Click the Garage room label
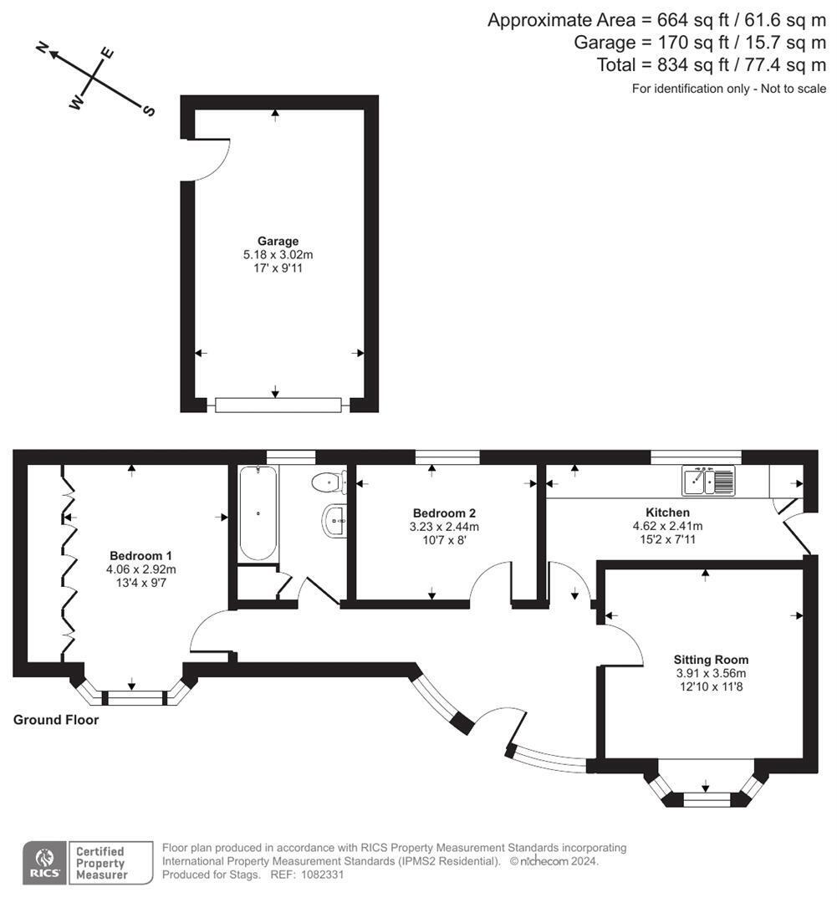[278, 242]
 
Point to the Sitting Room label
[712, 660]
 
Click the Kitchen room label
[667, 513]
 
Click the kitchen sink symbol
[708, 481]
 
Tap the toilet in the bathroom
[329, 482]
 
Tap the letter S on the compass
[150, 111]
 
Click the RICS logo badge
[43, 862]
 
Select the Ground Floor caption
[56, 720]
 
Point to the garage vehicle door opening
[278, 406]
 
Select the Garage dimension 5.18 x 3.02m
[278, 255]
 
